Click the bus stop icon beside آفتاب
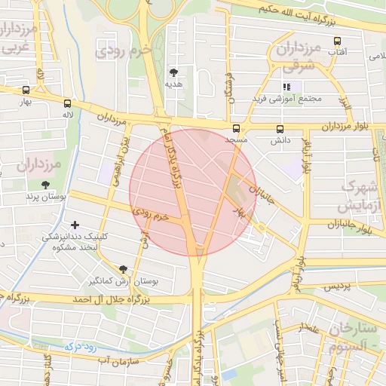[336, 41]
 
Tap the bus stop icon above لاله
[68, 103]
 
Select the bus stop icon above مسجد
[237, 129]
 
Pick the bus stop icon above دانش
[280, 129]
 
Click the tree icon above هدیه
[174, 73]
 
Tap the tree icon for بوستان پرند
[46, 184]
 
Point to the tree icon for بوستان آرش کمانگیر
[123, 269]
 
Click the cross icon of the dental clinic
[74, 225]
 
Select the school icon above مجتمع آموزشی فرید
[286, 87]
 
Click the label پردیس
[336, 287]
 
